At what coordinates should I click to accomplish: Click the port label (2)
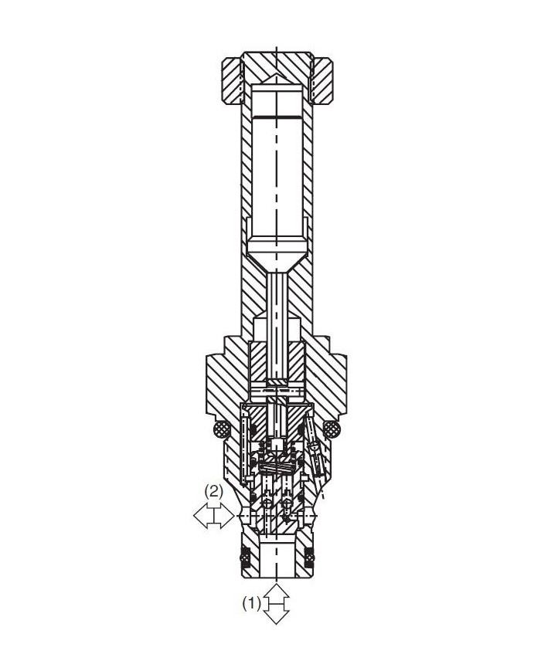[213, 490]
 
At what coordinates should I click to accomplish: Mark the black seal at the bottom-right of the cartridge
[311, 555]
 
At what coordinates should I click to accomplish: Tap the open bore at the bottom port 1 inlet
[277, 560]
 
